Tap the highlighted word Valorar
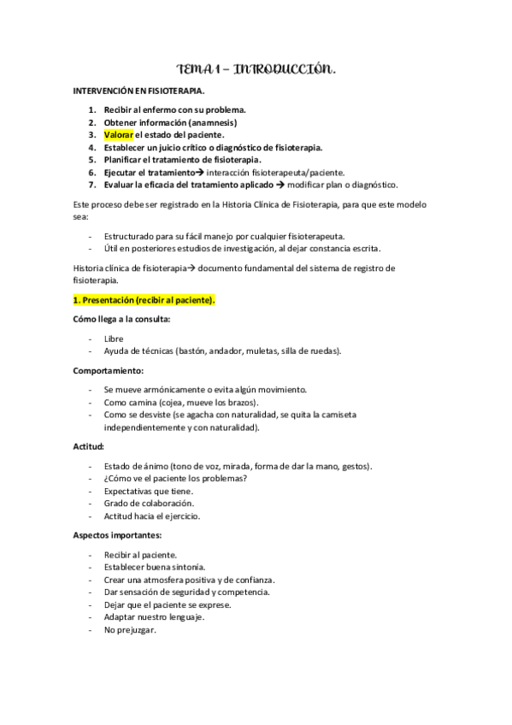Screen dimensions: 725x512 pyautogui.click(x=118, y=134)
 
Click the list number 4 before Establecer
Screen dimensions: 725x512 pyautogui.click(x=92, y=147)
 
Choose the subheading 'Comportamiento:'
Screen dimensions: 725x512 pyautogui.click(x=109, y=370)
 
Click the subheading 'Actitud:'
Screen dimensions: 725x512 pyautogui.click(x=88, y=446)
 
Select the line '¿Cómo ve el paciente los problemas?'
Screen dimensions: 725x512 pyautogui.click(x=174, y=478)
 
